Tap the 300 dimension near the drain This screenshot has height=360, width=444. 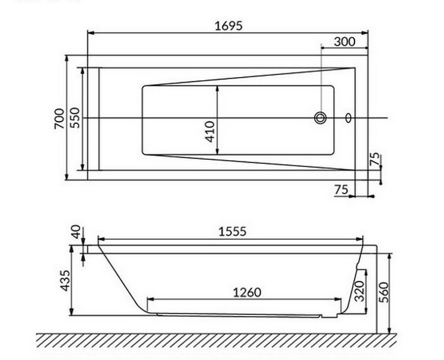pyautogui.click(x=343, y=41)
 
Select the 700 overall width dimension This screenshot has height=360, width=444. pyautogui.click(x=59, y=118)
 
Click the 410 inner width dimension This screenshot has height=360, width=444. pyautogui.click(x=211, y=130)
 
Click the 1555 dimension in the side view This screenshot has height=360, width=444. pyautogui.click(x=231, y=231)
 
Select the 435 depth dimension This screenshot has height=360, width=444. pyautogui.click(x=65, y=281)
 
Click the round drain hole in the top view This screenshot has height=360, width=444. pyautogui.click(x=321, y=118)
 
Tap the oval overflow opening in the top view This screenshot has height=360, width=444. pyautogui.click(x=348, y=118)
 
